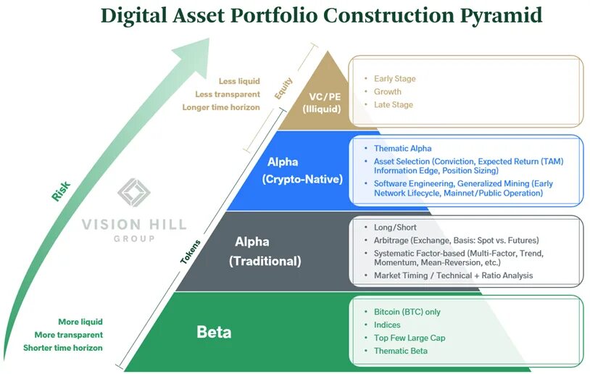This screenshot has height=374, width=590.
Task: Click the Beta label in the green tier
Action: click(x=214, y=332)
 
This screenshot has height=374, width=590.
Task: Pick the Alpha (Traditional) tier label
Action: click(x=265, y=252)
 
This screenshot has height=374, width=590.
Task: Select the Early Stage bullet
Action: click(x=394, y=78)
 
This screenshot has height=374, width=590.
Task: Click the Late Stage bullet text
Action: click(x=394, y=104)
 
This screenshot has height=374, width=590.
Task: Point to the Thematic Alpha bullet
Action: click(x=402, y=148)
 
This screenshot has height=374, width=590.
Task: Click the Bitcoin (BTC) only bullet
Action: click(x=407, y=312)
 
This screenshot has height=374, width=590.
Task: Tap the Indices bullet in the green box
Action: click(x=387, y=325)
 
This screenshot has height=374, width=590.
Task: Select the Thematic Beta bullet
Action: click(x=401, y=351)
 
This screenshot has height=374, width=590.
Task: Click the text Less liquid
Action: click(x=238, y=81)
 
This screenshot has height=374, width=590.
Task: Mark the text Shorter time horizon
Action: click(x=63, y=348)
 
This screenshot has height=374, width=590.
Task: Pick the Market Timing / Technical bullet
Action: click(x=453, y=275)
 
